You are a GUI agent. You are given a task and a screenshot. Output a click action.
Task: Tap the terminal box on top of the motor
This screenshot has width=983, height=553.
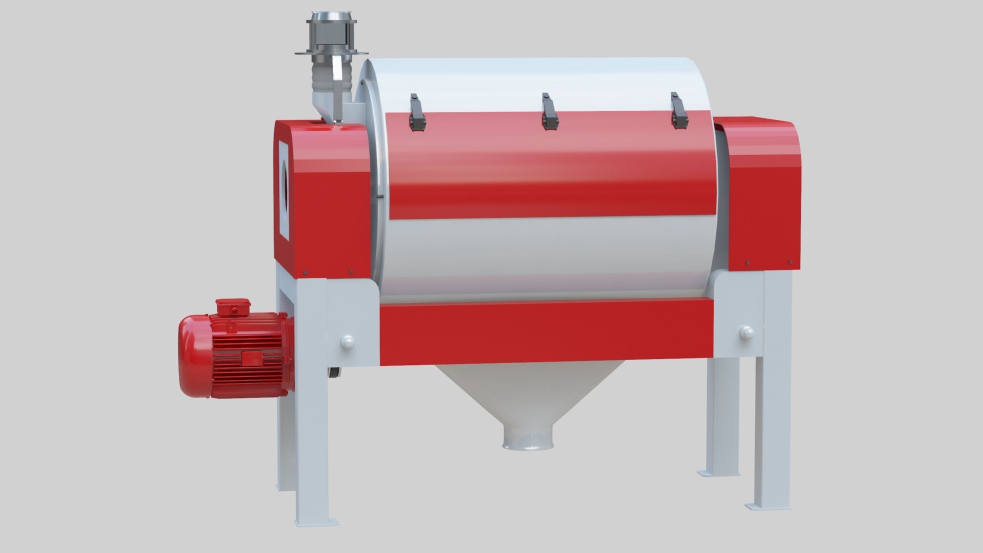coord(233,307)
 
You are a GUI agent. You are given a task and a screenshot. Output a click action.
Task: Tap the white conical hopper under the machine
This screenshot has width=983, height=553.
coord(528,396)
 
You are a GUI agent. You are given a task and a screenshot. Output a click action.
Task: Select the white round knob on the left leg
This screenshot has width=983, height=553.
coord(348,341)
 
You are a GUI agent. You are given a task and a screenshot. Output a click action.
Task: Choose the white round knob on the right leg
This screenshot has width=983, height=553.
coord(747,332)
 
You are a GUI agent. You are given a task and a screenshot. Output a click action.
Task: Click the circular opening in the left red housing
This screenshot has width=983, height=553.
coord(285,192)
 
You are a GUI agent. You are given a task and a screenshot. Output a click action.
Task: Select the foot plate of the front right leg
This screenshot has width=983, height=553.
coord(768,506)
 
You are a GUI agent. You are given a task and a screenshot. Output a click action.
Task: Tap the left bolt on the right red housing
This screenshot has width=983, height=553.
coord(747,263)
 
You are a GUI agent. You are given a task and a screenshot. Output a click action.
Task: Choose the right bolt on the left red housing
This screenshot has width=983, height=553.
coord(351,272)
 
